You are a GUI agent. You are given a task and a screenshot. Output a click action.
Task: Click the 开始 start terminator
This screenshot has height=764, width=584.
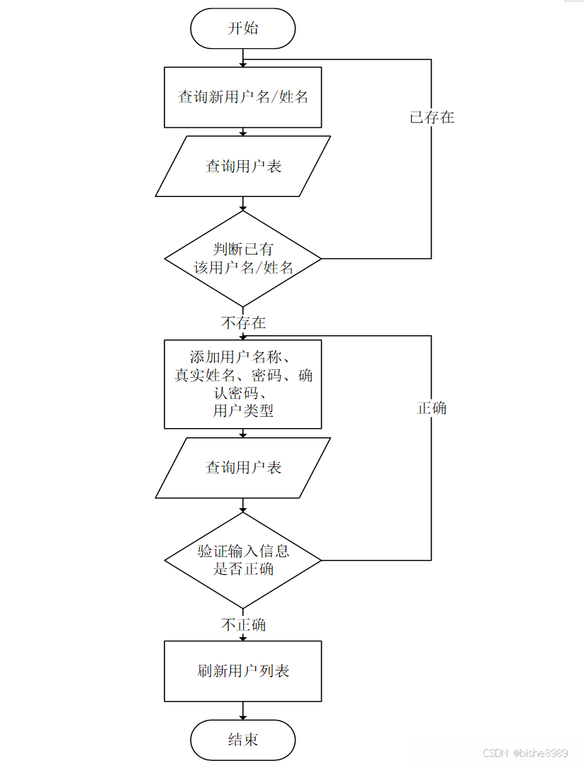tap(242, 28)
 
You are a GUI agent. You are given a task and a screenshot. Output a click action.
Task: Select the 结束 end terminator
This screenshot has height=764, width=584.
tap(242, 740)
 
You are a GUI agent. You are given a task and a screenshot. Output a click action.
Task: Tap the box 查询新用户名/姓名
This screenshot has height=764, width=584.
tap(242, 97)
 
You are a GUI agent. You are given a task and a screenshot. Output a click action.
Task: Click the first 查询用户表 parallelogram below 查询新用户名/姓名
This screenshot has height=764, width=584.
tap(242, 167)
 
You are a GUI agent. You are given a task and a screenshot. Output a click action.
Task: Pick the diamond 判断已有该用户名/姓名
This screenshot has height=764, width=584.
tap(242, 259)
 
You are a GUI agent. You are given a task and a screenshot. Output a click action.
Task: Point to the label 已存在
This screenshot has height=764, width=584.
tap(432, 118)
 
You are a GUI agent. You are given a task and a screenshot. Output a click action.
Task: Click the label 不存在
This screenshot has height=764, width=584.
tap(243, 323)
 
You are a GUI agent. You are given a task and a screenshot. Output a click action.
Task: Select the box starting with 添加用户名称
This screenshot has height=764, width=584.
tap(242, 384)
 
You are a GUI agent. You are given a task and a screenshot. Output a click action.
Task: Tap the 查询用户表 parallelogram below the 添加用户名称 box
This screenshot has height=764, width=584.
tap(242, 468)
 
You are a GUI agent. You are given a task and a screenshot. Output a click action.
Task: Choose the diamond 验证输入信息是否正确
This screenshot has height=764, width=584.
tap(242, 560)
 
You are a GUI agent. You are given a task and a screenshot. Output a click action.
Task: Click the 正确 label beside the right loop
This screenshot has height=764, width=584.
tap(432, 408)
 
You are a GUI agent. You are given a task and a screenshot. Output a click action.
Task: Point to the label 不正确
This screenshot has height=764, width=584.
tap(243, 624)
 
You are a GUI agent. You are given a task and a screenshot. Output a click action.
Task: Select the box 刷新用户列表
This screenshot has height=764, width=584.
tap(242, 671)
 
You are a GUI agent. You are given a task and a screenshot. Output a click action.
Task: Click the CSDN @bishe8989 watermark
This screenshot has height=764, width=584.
tap(525, 753)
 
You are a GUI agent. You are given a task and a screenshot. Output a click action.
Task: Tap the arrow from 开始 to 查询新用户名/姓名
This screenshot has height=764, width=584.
tap(243, 57)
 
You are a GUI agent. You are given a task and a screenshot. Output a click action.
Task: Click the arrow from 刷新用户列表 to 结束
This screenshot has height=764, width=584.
tap(243, 710)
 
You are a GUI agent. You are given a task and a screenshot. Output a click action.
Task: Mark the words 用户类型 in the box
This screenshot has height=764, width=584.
tap(243, 411)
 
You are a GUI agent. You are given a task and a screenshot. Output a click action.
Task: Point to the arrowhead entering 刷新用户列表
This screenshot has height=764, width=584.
tap(243, 637)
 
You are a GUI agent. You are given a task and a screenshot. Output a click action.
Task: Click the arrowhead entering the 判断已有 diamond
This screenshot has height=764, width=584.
tap(243, 207)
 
